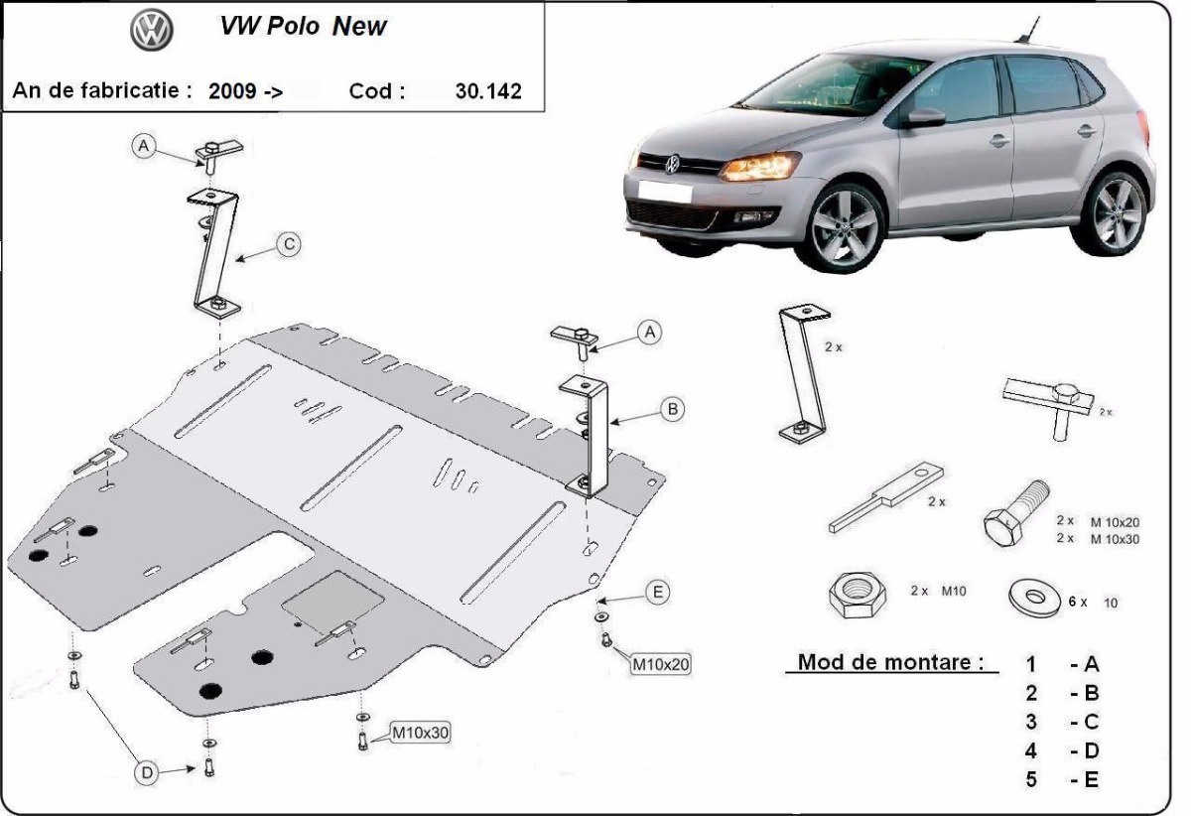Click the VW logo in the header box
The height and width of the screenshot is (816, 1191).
[x=152, y=31]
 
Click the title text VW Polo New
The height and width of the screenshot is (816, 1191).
[x=303, y=27]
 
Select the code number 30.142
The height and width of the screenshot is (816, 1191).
[x=487, y=91]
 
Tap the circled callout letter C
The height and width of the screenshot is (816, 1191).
[x=288, y=244]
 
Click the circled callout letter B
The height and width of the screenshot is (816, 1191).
[x=672, y=408]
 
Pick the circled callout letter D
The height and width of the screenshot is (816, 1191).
[x=147, y=772]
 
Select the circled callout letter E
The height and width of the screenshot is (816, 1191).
[x=656, y=593]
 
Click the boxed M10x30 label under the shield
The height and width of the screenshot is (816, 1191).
[x=421, y=734]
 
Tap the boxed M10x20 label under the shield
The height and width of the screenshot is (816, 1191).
[x=660, y=663]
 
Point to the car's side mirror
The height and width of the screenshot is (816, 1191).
[x=924, y=118]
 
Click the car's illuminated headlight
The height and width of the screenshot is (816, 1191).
[x=759, y=166]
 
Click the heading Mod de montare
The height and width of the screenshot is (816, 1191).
[x=891, y=662]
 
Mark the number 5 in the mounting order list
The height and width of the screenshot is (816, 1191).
[x=1032, y=779]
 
